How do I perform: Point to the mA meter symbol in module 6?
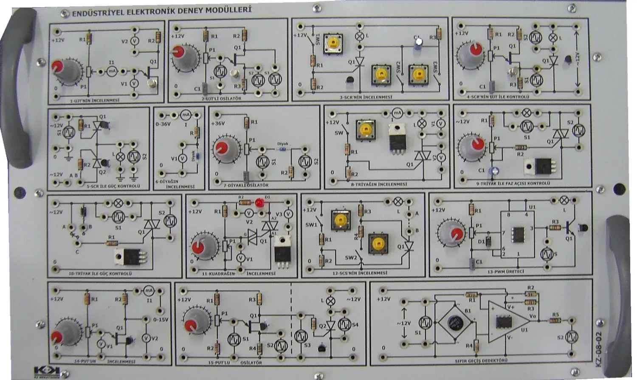[185, 115]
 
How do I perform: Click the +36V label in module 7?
[219, 124]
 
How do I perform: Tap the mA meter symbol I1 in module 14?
[148, 291]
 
